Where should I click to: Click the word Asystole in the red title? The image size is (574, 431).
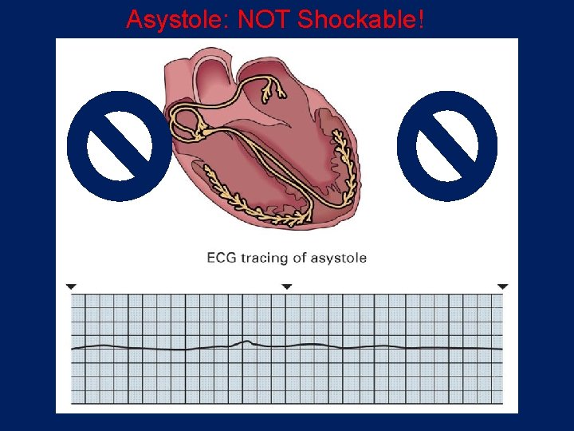175,19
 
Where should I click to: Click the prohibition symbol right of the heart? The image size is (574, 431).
447,146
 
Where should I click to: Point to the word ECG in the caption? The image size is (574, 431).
222,258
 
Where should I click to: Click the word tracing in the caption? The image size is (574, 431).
267,259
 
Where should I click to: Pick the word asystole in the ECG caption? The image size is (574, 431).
340,259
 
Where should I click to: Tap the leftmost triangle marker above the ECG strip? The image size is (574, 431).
71,286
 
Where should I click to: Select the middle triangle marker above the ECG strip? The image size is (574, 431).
287,286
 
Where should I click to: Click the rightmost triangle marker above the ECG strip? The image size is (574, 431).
502,286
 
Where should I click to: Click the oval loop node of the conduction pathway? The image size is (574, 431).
186,124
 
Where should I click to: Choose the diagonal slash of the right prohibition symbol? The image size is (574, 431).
447,146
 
